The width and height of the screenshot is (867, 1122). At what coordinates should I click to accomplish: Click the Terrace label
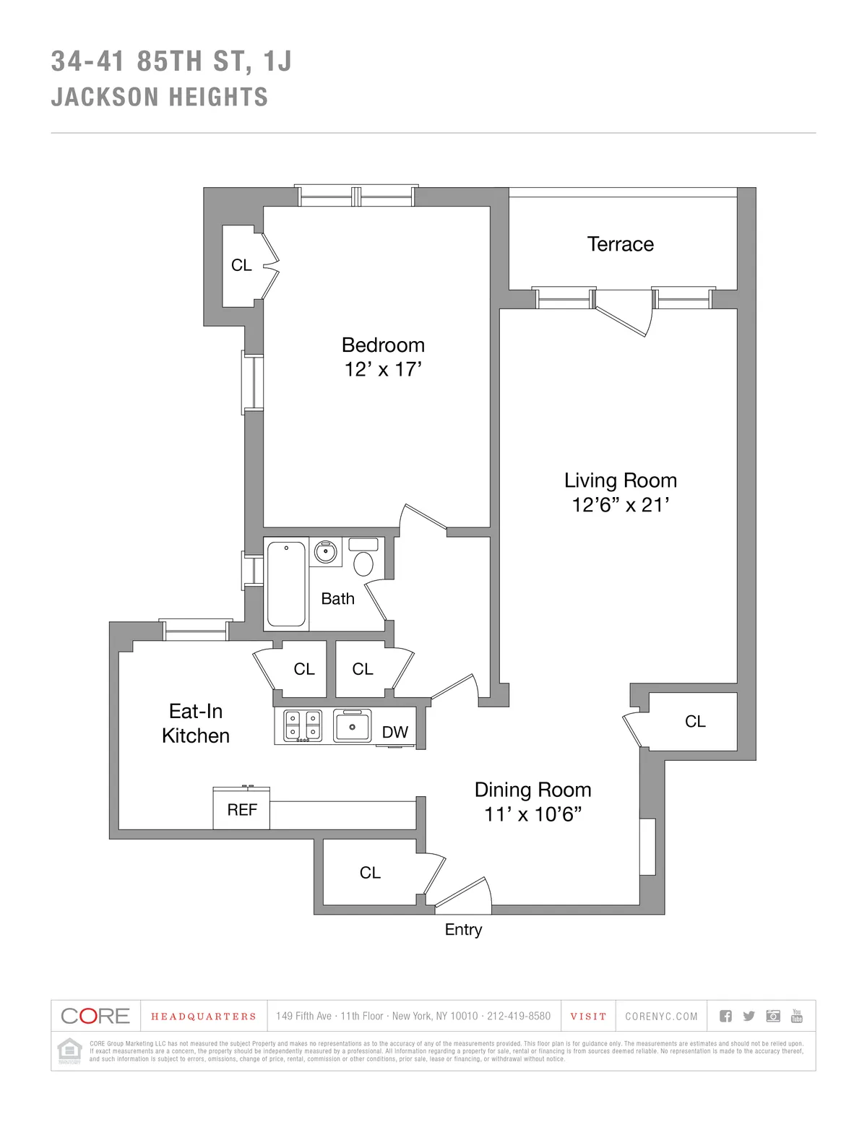tap(620, 244)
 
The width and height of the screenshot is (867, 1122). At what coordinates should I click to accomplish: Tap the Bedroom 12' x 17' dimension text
tap(383, 369)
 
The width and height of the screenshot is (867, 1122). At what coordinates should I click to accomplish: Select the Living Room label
tap(620, 480)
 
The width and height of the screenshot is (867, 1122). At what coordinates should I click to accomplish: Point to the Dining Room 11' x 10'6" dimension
tap(533, 814)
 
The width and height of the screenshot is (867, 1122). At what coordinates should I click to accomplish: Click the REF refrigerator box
tap(241, 809)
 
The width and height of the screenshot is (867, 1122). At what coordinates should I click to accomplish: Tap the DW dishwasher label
tap(395, 732)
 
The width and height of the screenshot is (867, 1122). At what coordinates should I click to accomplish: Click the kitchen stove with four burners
tap(303, 726)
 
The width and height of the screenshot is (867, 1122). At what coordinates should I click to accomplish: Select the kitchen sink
tap(352, 725)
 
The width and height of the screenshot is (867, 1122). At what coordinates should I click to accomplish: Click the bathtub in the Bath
tap(286, 584)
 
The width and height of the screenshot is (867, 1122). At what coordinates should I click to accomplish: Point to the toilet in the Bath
tap(363, 561)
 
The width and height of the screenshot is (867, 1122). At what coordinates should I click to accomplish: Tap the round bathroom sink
tap(325, 553)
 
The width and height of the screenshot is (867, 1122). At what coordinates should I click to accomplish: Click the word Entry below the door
tap(463, 930)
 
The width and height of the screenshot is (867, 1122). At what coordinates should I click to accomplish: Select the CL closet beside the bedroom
tap(241, 265)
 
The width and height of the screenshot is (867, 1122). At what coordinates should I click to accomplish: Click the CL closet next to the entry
tap(370, 873)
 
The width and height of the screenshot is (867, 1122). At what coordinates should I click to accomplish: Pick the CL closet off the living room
tap(695, 721)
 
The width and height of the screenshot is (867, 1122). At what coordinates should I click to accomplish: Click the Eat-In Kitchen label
tap(196, 723)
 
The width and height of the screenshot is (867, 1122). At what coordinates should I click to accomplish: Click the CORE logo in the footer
tap(95, 1016)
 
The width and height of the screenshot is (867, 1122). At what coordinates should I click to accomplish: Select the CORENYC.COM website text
tap(661, 1017)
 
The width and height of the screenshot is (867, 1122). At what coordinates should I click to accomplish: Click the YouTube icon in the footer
tap(797, 1016)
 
